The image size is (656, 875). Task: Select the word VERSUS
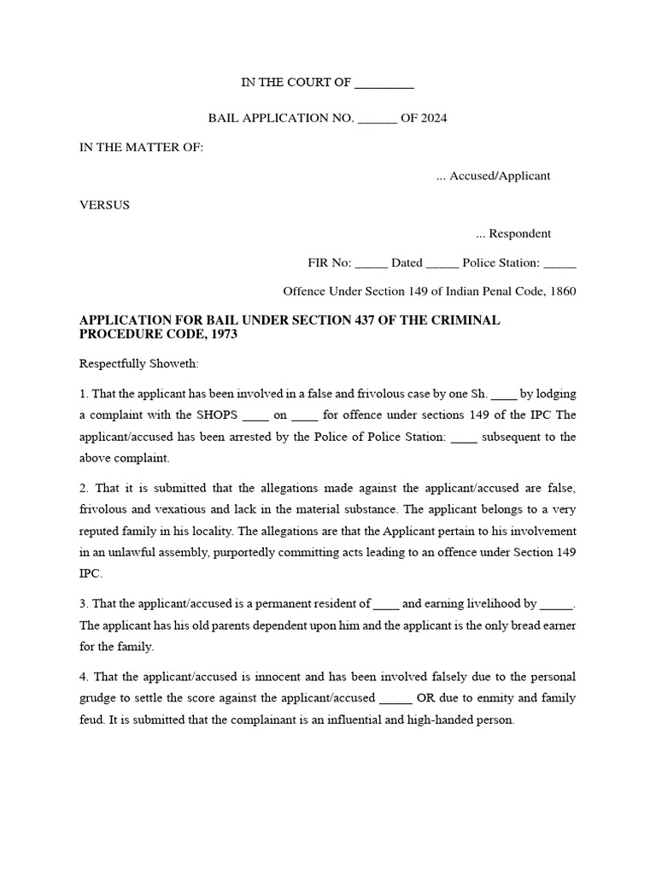(x=104, y=205)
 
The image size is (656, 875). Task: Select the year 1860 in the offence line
(x=564, y=291)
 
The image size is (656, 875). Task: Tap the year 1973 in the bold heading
(x=222, y=335)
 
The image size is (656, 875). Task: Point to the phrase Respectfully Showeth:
(x=138, y=364)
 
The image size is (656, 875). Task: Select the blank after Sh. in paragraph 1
(x=504, y=394)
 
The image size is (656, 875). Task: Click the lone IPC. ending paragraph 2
(x=90, y=575)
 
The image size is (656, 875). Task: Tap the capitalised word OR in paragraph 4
(x=426, y=698)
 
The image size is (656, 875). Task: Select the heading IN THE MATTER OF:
(x=141, y=147)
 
